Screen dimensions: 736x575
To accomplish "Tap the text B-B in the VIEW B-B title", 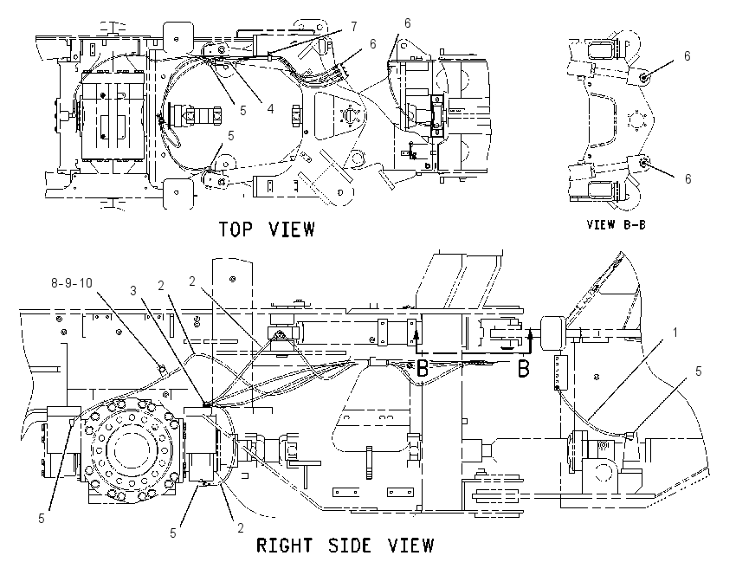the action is [x=635, y=225].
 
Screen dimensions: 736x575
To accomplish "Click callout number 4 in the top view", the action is [x=270, y=109].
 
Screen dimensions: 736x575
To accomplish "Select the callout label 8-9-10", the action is [x=71, y=283].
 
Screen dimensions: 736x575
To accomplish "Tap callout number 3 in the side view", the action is [x=133, y=291].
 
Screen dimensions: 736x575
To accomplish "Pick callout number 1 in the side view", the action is [x=675, y=333].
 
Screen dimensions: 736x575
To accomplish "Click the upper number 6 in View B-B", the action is [x=688, y=56].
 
